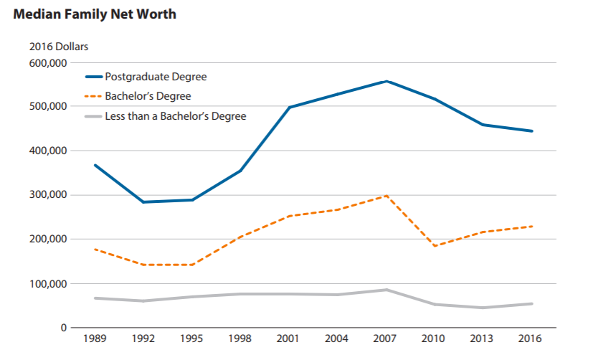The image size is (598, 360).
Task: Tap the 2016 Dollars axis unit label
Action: [59, 47]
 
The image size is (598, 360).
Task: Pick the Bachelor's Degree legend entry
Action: [148, 96]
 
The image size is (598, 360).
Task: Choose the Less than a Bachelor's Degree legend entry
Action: [175, 116]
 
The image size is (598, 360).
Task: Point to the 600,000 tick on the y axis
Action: [48, 62]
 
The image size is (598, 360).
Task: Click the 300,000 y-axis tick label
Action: [48, 195]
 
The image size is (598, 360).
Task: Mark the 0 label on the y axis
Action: [64, 328]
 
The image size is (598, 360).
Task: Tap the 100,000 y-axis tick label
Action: [48, 284]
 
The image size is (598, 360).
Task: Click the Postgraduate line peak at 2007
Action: [386, 81]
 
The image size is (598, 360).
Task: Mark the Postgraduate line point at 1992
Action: [143, 202]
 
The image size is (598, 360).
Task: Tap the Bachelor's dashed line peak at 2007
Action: [386, 196]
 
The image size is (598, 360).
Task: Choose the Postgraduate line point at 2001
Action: [289, 108]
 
